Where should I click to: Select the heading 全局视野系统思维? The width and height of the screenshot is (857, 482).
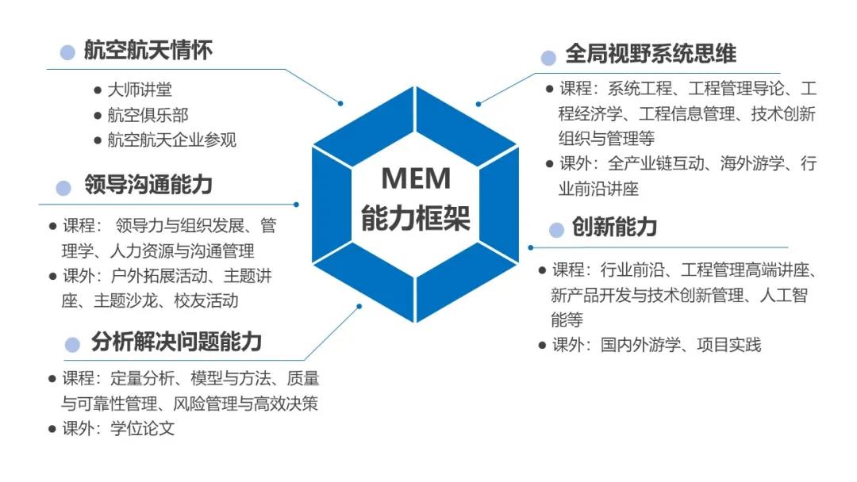651,54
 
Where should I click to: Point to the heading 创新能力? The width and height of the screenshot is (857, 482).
614,228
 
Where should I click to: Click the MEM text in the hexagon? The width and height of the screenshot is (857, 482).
416,178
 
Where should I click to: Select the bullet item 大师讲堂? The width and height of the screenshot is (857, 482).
140,90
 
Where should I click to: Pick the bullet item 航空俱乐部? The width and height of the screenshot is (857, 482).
148,115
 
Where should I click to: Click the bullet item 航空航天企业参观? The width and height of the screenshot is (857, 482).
172,140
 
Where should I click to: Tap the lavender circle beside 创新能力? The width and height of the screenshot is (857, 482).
557,230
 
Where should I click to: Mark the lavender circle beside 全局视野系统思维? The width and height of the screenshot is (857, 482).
548,57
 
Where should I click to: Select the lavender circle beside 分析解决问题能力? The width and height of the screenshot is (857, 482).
73,345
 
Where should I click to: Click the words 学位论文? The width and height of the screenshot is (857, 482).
143,429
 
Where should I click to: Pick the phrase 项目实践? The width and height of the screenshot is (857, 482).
729,345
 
